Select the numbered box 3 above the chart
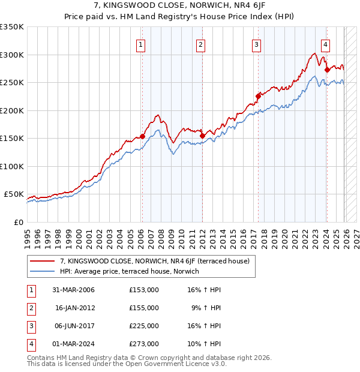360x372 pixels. tap(256, 44)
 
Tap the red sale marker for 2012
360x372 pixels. tap(202, 136)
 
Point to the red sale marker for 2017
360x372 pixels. tap(258, 96)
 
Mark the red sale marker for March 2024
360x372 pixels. tap(327, 70)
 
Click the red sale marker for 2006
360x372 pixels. tap(142, 137)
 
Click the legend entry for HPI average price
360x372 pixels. tap(130, 272)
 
